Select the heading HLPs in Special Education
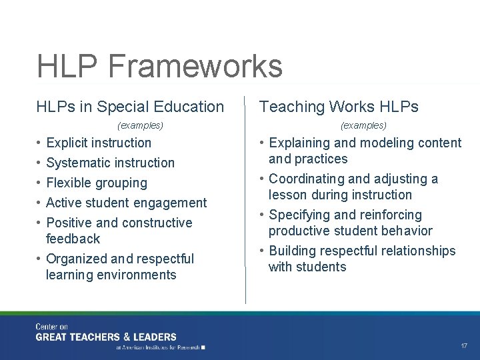pos(130,107)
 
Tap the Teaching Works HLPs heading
pos(339,107)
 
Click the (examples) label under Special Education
pos(140,125)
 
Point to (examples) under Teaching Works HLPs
pos(363,125)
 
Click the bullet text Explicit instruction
pos(99,143)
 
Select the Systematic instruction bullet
pos(110,163)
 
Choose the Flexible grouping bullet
pos(96,183)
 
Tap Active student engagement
pos(126,203)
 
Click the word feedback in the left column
pos(73,239)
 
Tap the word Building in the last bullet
pos(293,251)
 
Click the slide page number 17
pos(464,346)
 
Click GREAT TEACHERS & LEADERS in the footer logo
pos(106,337)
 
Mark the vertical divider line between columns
pos(245,200)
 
